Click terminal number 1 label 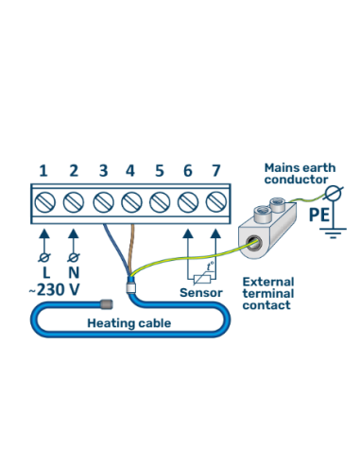click(43, 171)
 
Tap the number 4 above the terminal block click(129, 171)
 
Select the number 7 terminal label click(215, 171)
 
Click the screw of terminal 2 click(73, 202)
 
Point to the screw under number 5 click(159, 202)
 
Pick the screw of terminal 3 click(101, 202)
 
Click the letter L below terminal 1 click(43, 272)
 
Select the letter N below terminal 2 click(73, 272)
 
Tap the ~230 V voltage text click(55, 290)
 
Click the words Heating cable click(123, 322)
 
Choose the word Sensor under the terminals click(201, 293)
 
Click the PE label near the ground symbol click(319, 215)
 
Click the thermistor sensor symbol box click(201, 273)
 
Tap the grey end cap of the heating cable click(107, 304)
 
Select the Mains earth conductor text click(298, 173)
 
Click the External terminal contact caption click(269, 294)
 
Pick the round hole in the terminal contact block click(251, 244)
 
